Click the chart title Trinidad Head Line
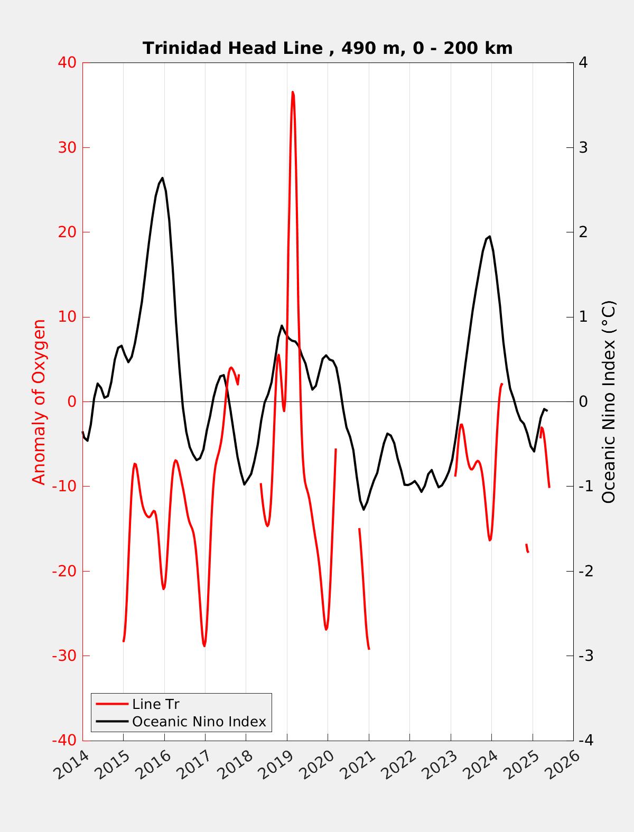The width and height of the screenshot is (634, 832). (x=328, y=48)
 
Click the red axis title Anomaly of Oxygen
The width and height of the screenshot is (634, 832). (x=39, y=401)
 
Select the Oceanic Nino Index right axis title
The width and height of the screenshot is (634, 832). (x=609, y=401)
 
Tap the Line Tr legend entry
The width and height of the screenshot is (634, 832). (x=155, y=704)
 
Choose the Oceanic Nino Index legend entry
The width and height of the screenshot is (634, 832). (x=199, y=721)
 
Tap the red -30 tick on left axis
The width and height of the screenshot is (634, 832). (x=63, y=656)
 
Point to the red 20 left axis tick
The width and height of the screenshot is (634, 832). (x=65, y=232)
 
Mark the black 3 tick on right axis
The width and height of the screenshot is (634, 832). (x=583, y=147)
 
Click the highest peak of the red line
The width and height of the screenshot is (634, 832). (x=293, y=92)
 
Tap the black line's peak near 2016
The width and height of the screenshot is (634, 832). (x=162, y=178)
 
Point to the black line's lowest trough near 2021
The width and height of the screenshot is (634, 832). (x=363, y=509)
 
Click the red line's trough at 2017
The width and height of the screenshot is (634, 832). (x=204, y=646)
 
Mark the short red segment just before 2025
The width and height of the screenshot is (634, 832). (x=527, y=548)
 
